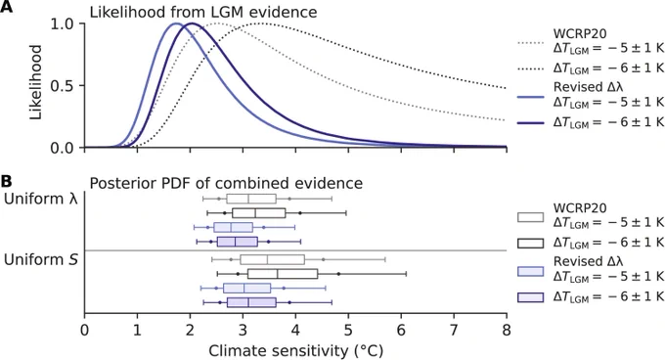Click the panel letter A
pos(6,7)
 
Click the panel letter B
pos(6,181)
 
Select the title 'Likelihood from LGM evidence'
pos(203,12)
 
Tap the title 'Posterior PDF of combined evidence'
pos(226,183)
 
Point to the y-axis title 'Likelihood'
pos(36,82)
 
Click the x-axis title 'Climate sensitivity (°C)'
pos(295,350)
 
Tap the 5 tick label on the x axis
pos(348,330)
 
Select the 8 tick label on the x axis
pos(507,330)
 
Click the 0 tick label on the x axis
pos(85,330)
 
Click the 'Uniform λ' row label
pos(41,199)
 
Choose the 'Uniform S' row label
pos(41,259)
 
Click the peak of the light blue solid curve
pos(176,23)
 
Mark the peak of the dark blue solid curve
pos(192,23)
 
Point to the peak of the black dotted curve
pos(260,23)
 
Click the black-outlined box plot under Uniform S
pos(283,274)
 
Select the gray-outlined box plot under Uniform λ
pos(251,199)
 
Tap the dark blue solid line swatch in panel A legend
pos(530,122)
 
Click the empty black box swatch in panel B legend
pos(530,243)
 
